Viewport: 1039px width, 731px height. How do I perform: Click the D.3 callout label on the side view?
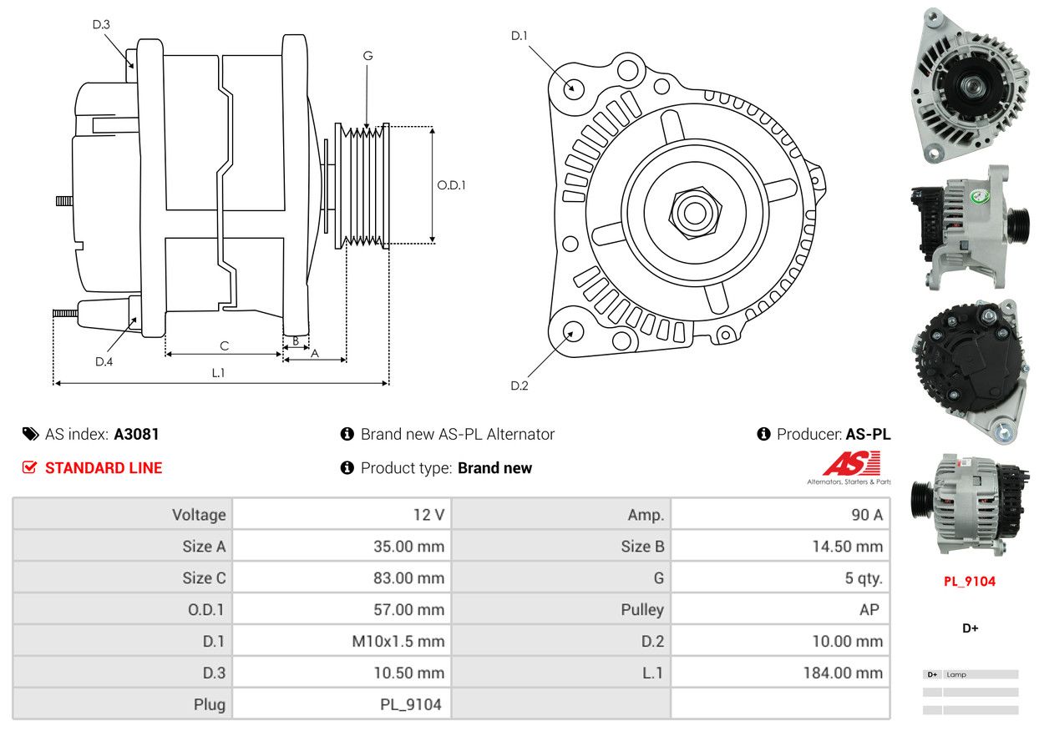(101, 24)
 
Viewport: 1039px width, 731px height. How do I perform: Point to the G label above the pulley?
(367, 56)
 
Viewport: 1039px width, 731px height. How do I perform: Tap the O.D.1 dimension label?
(452, 185)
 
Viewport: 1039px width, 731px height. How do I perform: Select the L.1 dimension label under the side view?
(218, 373)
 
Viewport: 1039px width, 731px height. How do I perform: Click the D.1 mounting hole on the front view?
(573, 88)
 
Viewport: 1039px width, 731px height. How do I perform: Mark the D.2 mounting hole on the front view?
(572, 332)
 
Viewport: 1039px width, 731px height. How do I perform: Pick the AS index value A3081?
(136, 434)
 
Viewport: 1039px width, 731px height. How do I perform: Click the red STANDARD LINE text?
(104, 468)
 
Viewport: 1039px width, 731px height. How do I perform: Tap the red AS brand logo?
(851, 464)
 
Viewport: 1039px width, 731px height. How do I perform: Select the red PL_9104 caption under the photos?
(970, 582)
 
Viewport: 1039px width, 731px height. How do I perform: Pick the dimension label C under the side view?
(224, 345)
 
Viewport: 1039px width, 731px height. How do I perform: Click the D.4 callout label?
(104, 361)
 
